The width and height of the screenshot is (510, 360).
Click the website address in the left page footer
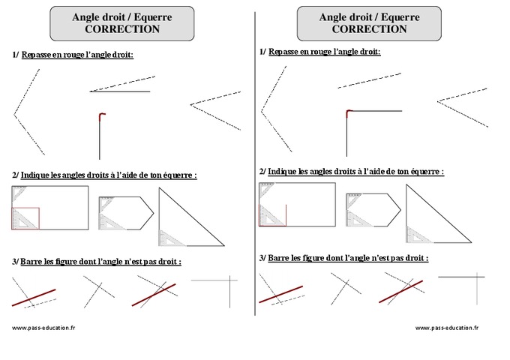(x=43, y=328)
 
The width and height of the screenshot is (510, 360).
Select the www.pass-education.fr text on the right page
(x=447, y=328)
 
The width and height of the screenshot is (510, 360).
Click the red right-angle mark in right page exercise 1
(x=349, y=112)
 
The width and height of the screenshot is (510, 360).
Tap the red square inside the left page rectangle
(x=25, y=218)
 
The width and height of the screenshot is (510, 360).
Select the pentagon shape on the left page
(x=124, y=212)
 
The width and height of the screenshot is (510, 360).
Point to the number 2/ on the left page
(x=16, y=175)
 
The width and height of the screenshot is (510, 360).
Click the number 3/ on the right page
(x=262, y=257)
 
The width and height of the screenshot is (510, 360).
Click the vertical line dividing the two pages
(x=255, y=180)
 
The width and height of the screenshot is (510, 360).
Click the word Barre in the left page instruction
(x=31, y=262)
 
